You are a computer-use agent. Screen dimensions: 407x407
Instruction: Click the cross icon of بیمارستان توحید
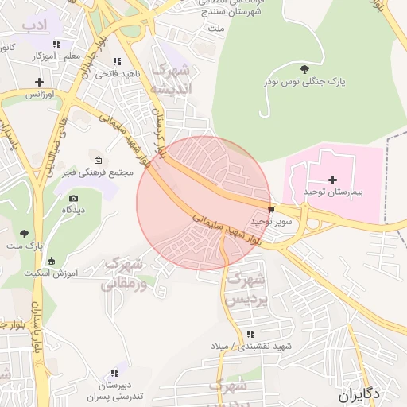tap(332, 180)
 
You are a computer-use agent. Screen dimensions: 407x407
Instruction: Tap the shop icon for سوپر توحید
tap(272, 210)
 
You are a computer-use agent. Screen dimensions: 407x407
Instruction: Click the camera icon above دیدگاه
tap(74, 198)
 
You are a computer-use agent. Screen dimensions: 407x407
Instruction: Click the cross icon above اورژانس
tap(39, 82)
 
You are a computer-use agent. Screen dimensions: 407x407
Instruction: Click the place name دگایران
tap(360, 394)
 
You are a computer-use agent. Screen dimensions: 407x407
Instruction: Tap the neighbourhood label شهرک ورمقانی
tap(124, 273)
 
